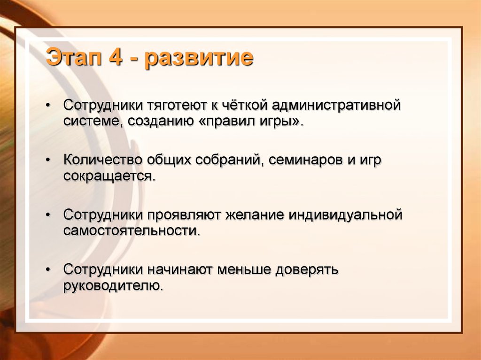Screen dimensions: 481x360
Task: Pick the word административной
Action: point(336,106)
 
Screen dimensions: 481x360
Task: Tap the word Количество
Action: point(103,160)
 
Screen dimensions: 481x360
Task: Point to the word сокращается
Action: point(109,176)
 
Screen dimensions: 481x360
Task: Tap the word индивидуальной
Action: point(345,215)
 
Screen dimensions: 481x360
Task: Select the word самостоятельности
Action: point(132,230)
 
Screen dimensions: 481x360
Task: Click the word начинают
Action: point(180,270)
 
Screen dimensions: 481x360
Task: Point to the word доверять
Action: point(306,270)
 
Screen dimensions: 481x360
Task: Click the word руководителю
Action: point(113,286)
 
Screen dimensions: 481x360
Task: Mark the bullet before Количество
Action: point(47,161)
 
